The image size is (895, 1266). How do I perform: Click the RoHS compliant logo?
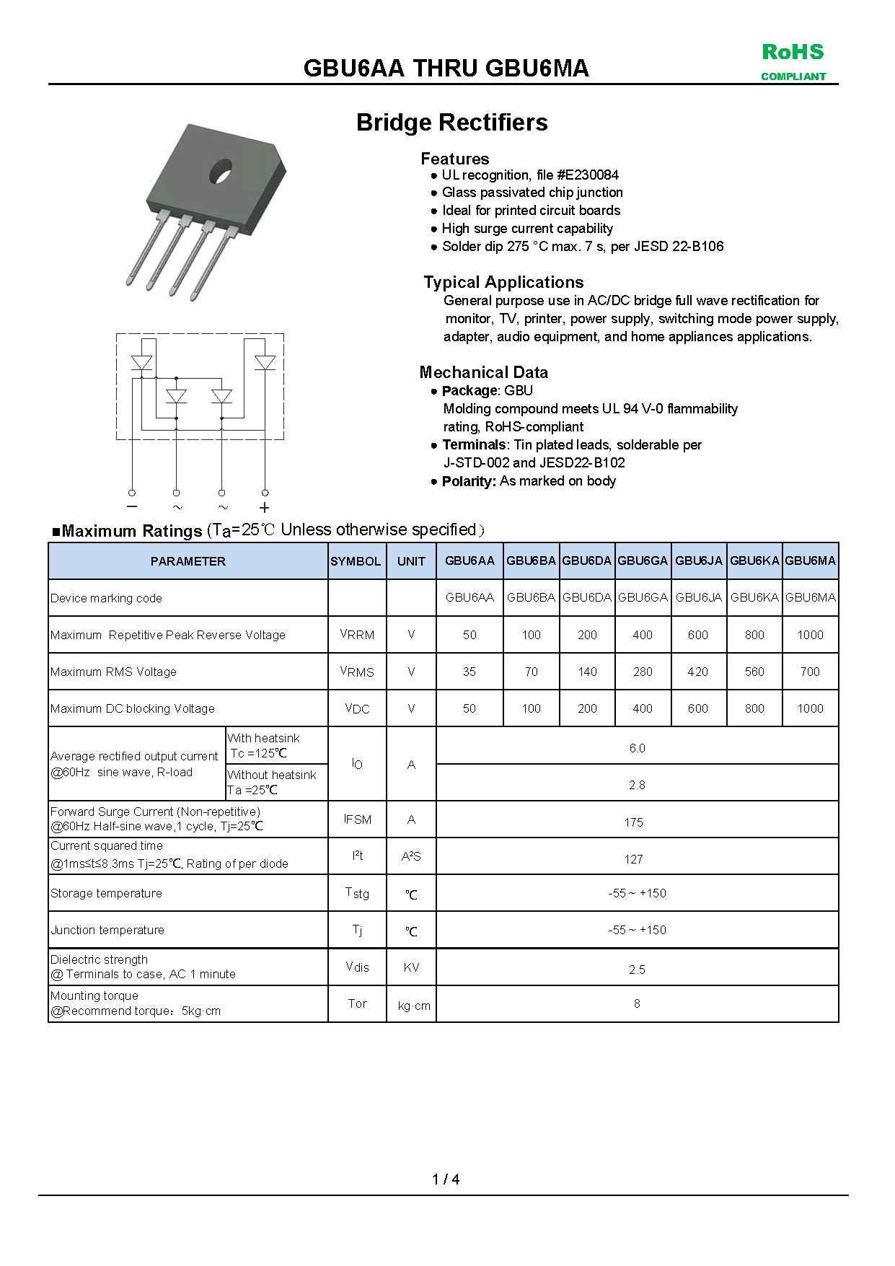[793, 61]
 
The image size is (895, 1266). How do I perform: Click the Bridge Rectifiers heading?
[451, 123]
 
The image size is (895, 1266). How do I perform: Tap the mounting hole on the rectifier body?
[220, 172]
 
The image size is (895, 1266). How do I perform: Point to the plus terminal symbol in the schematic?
[265, 508]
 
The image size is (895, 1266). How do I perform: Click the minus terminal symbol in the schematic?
[132, 507]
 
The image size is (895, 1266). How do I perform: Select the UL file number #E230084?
[588, 175]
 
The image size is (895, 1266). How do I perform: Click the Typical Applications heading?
[503, 282]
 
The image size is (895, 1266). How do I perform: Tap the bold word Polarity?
[468, 481]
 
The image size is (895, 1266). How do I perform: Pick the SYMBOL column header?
[356, 561]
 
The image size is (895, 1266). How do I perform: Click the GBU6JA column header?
[698, 561]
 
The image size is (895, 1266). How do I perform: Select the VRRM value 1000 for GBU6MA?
[810, 635]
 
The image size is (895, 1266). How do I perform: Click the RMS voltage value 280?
[643, 672]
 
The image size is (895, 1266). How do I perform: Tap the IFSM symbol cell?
[358, 819]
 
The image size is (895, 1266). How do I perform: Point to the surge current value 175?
[633, 822]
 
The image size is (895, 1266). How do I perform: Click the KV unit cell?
[411, 967]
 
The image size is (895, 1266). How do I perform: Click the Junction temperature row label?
[107, 930]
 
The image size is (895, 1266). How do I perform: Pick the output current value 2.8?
[637, 785]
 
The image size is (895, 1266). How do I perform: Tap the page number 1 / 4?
[446, 1179]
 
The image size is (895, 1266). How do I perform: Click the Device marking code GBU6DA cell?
[586, 597]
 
